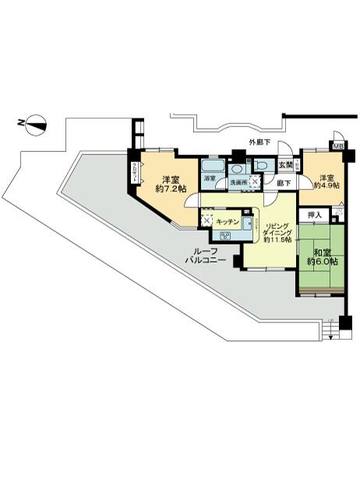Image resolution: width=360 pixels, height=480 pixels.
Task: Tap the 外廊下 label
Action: [259, 142]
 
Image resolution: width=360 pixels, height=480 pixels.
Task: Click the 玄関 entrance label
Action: [285, 165]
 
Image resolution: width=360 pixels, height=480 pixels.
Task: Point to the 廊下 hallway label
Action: [284, 183]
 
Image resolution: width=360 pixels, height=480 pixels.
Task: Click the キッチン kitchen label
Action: [228, 221]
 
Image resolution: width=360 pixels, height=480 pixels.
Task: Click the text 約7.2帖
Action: [171, 189]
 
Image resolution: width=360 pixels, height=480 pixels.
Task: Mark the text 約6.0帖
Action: [321, 262]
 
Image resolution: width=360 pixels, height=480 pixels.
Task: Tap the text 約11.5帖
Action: [277, 239]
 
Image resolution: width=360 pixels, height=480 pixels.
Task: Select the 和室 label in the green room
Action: [321, 251]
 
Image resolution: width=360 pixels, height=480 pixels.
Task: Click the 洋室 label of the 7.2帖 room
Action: [171, 178]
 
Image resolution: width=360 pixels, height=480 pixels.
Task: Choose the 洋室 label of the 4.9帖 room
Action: [326, 177]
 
